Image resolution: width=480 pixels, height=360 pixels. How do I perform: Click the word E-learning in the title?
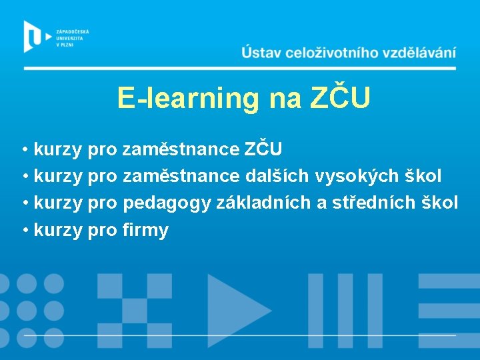point(187,98)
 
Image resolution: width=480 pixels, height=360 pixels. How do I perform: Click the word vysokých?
point(357,176)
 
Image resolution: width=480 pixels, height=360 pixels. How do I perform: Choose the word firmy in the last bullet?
point(146,231)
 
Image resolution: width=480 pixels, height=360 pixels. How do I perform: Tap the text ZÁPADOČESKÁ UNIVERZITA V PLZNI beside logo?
point(73,37)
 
